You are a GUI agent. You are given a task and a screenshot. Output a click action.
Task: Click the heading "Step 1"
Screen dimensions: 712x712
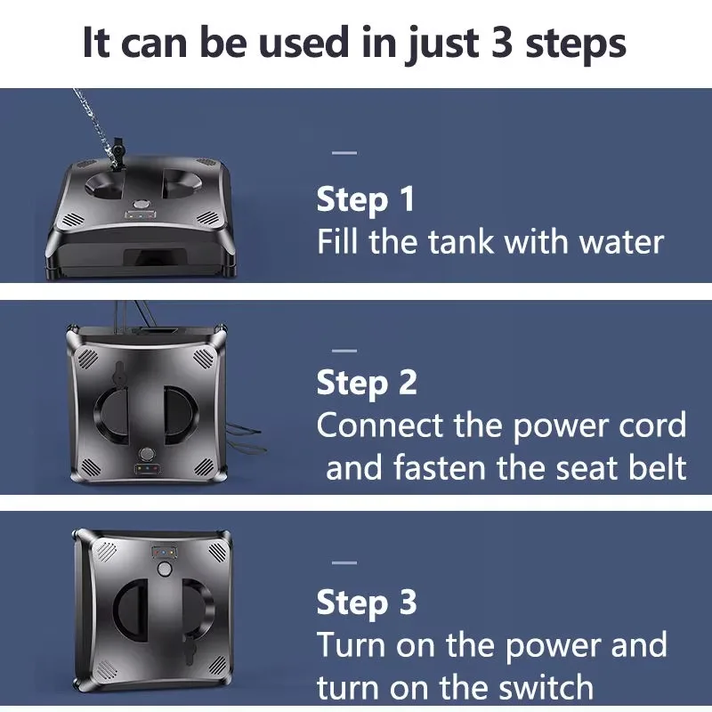click(x=366, y=198)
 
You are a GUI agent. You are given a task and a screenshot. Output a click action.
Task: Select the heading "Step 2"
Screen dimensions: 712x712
click(x=367, y=383)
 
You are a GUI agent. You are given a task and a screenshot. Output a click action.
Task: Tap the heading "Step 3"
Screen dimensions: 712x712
click(x=367, y=603)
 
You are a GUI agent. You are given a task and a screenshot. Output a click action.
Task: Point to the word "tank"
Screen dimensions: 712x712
click(x=461, y=241)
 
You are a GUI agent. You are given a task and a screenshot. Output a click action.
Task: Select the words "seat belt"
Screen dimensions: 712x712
click(x=620, y=467)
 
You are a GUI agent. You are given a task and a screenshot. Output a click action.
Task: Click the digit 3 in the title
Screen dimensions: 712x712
click(x=502, y=43)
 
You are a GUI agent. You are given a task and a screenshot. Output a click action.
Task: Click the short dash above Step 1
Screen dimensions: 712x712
click(x=344, y=153)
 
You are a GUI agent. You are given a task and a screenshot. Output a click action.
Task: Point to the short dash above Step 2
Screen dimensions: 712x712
click(x=344, y=351)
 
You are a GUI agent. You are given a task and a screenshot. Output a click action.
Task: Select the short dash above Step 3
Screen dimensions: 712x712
click(x=344, y=563)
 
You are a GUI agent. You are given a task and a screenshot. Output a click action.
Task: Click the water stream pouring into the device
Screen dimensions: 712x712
click(x=93, y=123)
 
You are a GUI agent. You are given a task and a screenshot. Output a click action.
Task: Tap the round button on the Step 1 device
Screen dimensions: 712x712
click(x=142, y=205)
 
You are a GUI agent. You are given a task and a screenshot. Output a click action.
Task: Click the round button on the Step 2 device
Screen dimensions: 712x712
click(x=147, y=454)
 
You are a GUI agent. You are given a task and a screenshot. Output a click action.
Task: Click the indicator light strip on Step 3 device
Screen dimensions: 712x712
click(x=165, y=553)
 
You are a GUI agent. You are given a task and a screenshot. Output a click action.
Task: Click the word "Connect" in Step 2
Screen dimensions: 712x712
click(x=380, y=425)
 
